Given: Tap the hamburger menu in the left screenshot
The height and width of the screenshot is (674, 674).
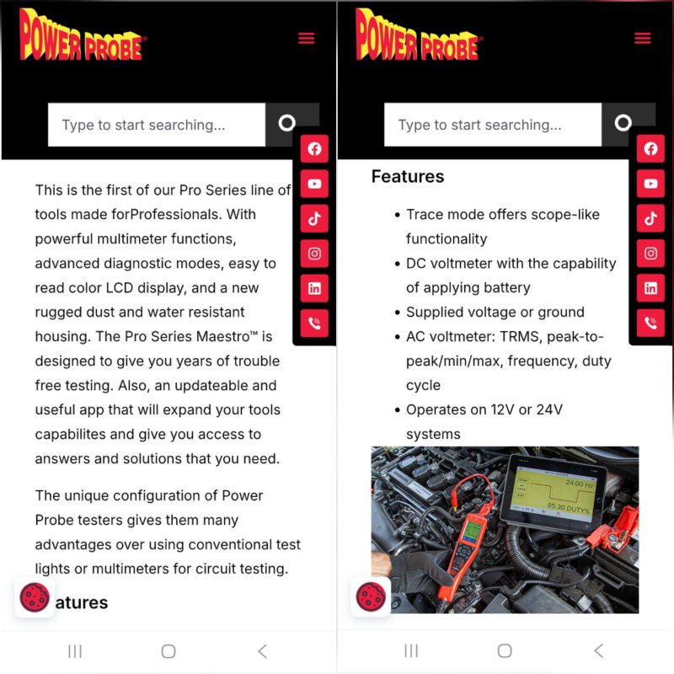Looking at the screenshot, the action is pos(306,38).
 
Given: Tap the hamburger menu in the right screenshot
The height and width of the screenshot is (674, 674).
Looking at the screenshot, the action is pos(642,38).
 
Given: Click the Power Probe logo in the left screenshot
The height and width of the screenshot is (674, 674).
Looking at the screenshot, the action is pos(83,35).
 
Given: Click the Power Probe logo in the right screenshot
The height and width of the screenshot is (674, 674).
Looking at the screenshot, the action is pos(419,35).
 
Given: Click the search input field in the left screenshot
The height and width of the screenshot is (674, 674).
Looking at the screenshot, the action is pos(157,125).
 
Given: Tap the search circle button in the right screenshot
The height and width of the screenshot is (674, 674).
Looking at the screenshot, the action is pos(623,123).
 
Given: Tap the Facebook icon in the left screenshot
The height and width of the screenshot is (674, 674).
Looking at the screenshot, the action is pos(314,149).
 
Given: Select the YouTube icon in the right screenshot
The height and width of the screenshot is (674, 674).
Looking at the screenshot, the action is pos(650,184).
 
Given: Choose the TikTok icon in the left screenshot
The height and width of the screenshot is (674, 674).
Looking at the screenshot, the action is pos(314,218).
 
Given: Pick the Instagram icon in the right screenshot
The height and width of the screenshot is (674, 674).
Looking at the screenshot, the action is pos(650,254).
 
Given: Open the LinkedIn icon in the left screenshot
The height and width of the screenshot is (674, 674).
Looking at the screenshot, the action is pos(314,288).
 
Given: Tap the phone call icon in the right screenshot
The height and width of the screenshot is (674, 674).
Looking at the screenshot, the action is pos(650,323).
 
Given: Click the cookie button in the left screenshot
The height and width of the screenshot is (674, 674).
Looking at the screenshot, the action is pos(35,597).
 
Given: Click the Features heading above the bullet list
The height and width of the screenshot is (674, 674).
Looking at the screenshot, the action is pos(408,177).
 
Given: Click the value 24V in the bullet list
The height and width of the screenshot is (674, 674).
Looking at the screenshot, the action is pos(549,409).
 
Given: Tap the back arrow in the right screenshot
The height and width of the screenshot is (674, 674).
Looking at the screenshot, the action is pos(599,650).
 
